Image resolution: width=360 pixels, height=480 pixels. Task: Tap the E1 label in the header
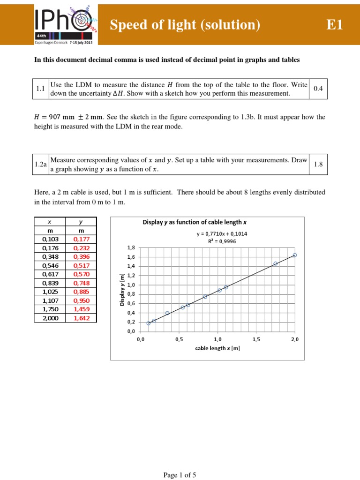click(x=335, y=25)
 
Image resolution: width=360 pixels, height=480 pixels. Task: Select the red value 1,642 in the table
click(x=81, y=318)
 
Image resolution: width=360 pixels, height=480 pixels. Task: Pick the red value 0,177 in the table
click(x=81, y=239)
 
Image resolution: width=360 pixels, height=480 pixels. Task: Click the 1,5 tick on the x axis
click(x=256, y=339)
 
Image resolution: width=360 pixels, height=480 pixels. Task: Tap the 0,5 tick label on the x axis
click(x=179, y=339)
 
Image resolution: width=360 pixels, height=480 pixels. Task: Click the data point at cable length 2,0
click(x=294, y=255)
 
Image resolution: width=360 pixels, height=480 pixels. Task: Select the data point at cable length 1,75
click(x=275, y=263)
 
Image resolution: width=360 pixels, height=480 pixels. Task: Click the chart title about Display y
click(x=195, y=223)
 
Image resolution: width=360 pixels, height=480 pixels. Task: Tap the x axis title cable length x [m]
click(x=217, y=348)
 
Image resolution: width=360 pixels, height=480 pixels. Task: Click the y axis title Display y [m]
click(x=122, y=289)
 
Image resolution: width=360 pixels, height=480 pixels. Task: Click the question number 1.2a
click(x=41, y=164)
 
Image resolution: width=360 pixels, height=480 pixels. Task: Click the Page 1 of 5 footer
click(x=180, y=475)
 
